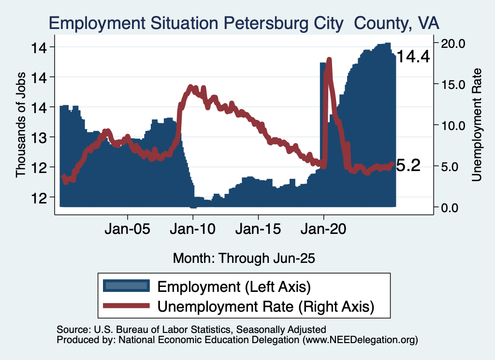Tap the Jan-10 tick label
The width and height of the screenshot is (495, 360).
point(193,228)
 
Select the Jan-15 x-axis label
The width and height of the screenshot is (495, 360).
point(258,228)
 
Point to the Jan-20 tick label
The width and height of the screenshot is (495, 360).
point(323,228)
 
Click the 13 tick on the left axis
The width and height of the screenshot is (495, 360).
point(41,137)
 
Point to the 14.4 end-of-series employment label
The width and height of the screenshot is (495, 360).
point(413,57)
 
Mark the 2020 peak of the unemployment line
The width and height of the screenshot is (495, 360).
point(329,60)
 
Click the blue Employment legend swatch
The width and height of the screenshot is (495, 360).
point(126,286)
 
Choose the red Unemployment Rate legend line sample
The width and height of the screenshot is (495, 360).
point(126,305)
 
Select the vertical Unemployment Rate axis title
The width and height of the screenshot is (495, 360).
point(476,125)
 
